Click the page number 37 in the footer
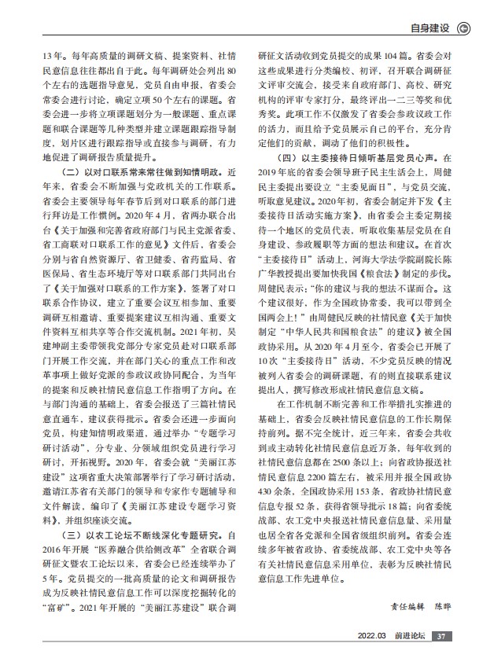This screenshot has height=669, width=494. point(441,657)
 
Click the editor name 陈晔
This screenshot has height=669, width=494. point(437,629)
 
